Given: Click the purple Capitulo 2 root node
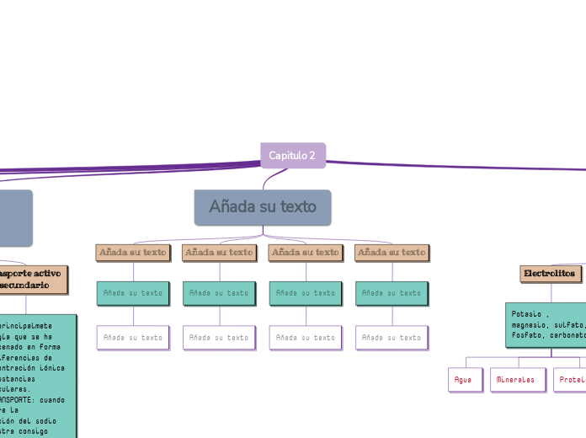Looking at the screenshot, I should [292, 155].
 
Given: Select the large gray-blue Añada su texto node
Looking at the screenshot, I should [263, 207].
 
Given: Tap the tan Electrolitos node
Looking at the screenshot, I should [550, 274].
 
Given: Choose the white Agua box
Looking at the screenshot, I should [463, 380].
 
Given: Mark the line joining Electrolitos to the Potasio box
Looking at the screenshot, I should [551, 292].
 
